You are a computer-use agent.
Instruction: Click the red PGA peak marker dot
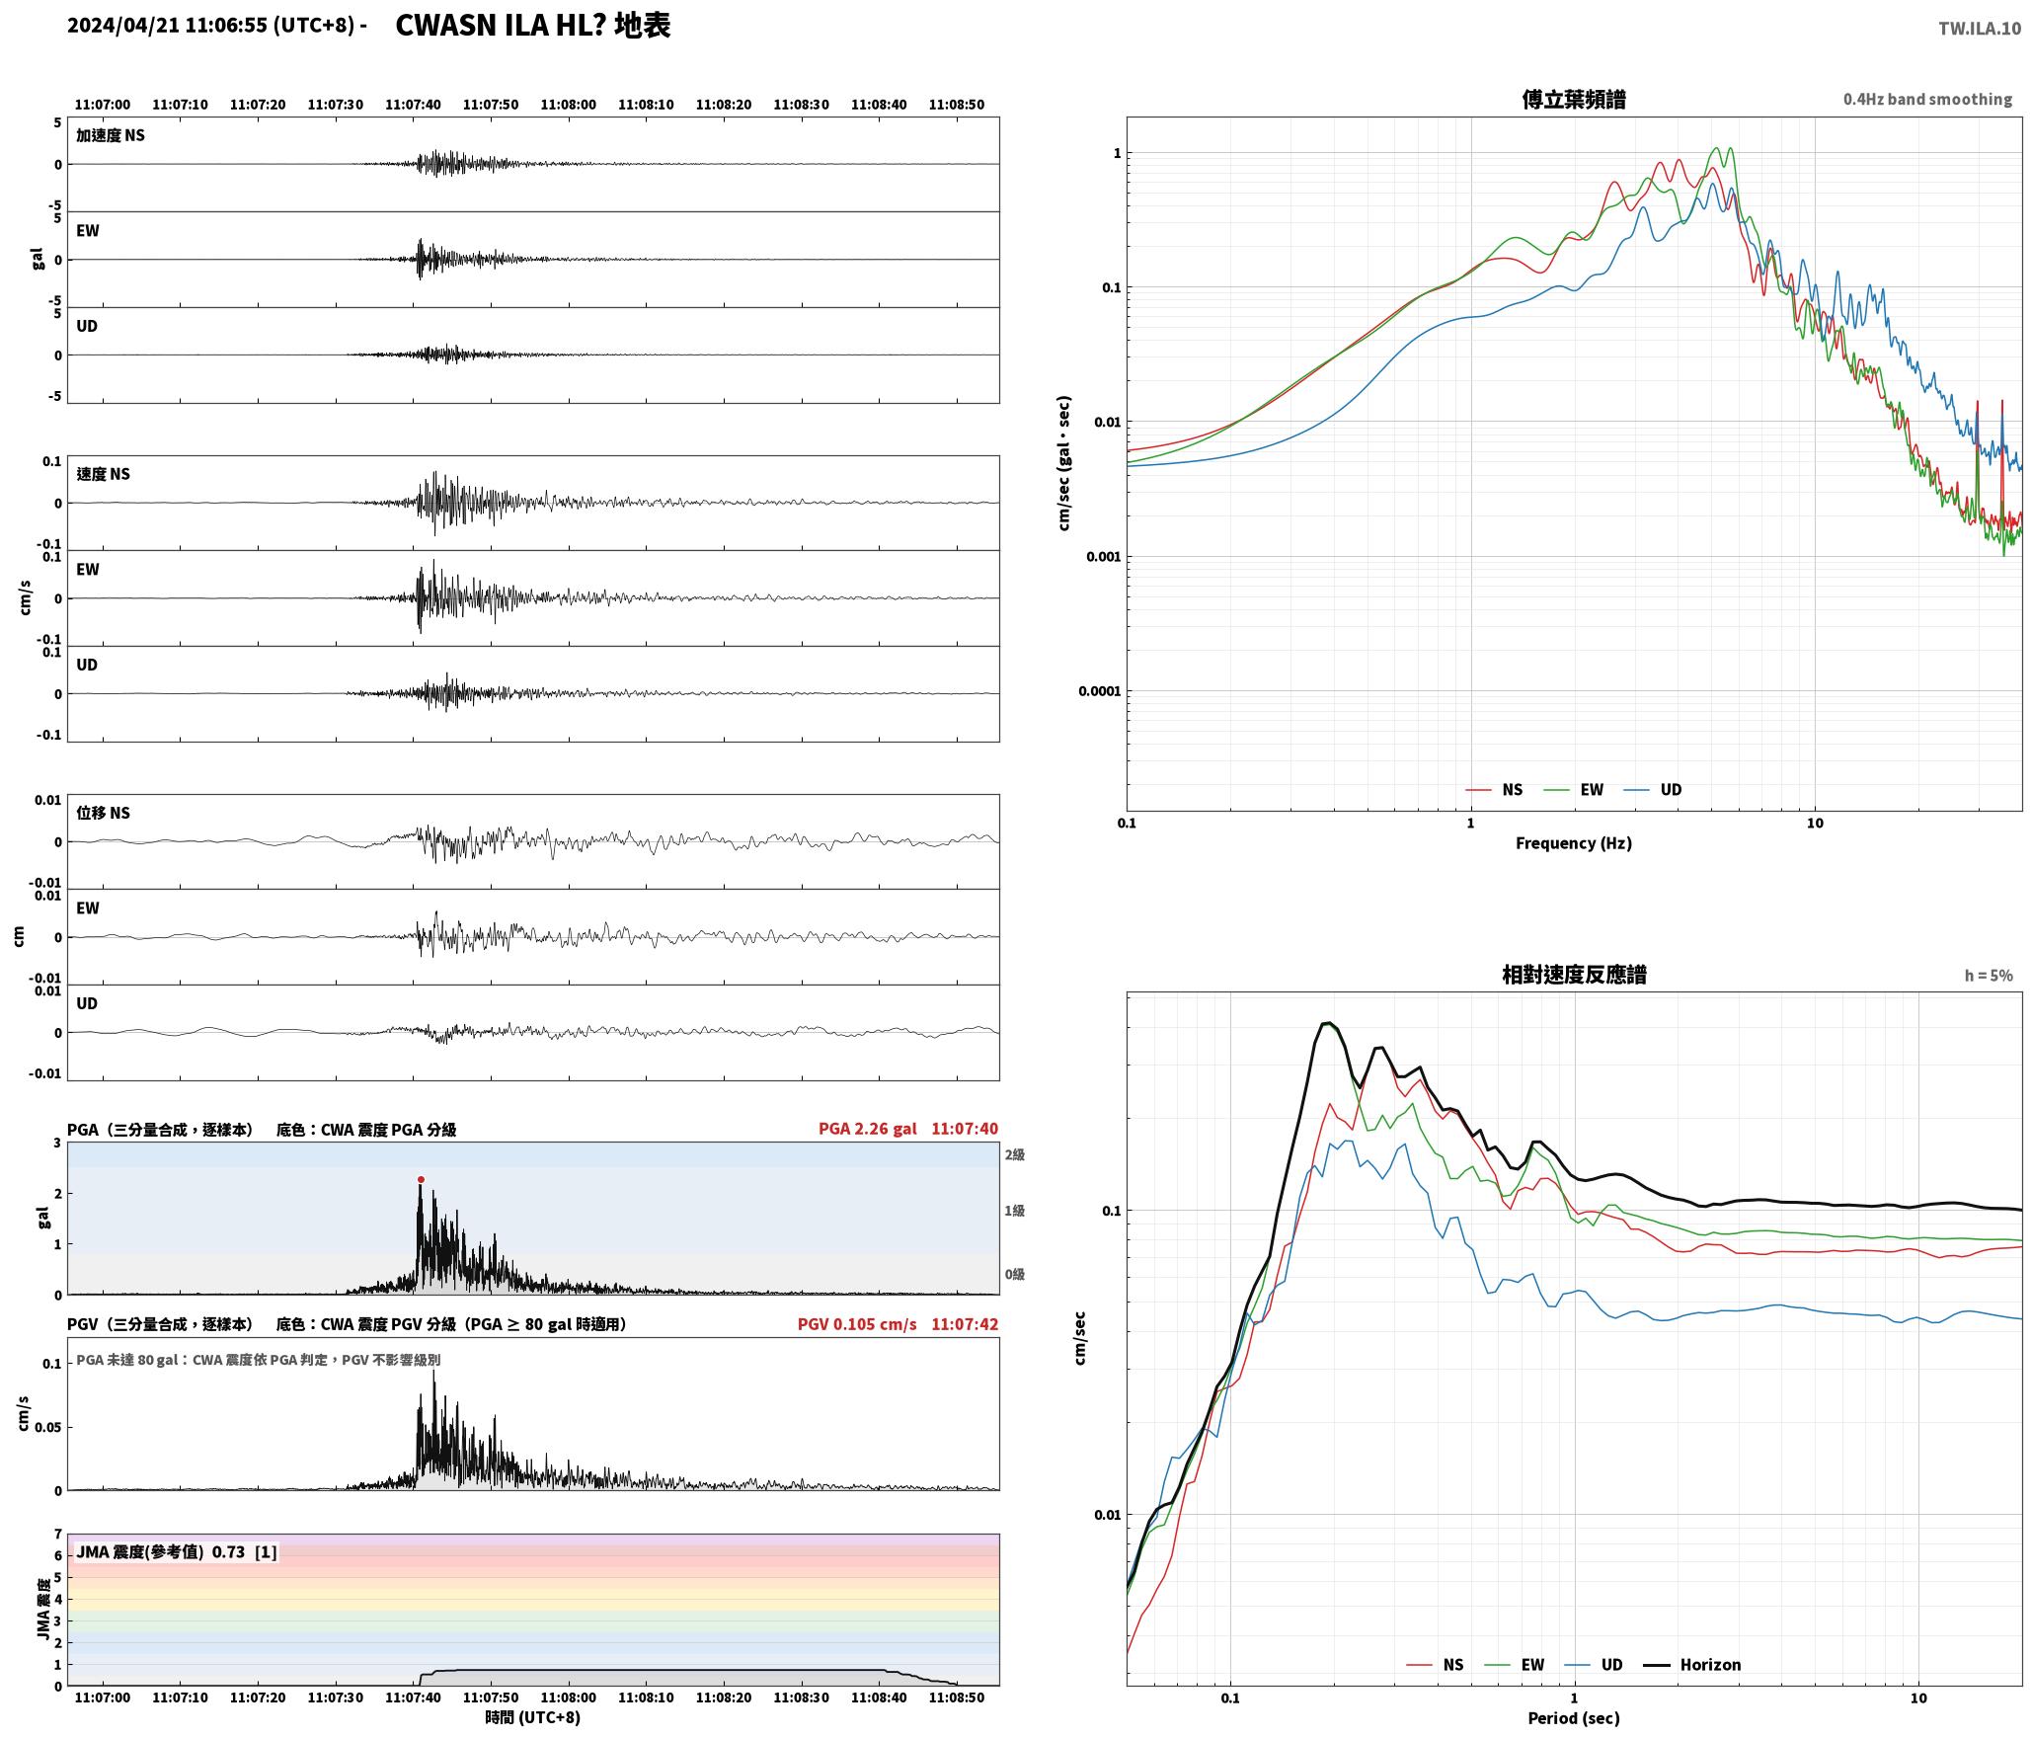point(421,1179)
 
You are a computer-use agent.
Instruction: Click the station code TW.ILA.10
point(1979,29)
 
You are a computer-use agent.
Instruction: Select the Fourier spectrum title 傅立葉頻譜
point(1574,99)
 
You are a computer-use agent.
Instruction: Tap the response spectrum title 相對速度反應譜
point(1574,975)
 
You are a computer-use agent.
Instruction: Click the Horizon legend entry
point(1692,1664)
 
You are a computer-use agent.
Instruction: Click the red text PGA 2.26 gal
point(867,1128)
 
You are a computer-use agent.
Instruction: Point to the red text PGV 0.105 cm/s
point(857,1323)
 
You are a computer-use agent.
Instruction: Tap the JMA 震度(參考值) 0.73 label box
point(177,1551)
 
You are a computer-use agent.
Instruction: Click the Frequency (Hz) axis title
point(1574,842)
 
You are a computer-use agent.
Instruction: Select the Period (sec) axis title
point(1574,1717)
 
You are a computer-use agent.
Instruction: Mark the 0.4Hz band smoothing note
point(1927,99)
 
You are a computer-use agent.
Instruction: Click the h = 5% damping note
point(1989,976)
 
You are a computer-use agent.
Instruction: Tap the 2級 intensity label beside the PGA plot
point(1015,1154)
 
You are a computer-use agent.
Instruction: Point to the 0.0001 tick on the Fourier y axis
point(1099,690)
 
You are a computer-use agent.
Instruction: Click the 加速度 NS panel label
point(111,135)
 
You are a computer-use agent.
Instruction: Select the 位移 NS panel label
point(104,813)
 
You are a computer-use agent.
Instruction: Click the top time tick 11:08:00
point(569,104)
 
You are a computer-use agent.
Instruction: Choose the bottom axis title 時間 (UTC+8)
point(532,1717)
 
